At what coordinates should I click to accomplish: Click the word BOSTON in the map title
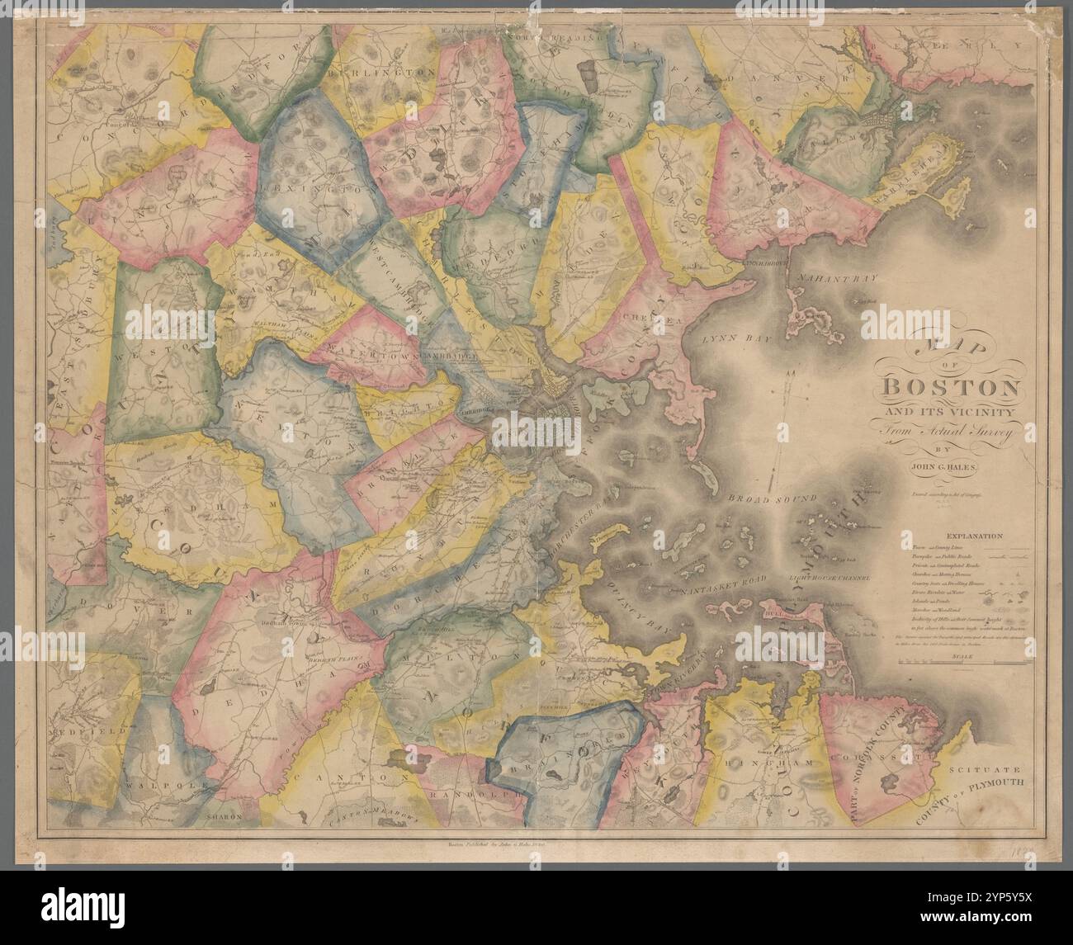click(x=953, y=387)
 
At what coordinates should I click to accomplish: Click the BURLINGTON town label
click(x=381, y=73)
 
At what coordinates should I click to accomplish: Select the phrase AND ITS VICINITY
click(x=952, y=411)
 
